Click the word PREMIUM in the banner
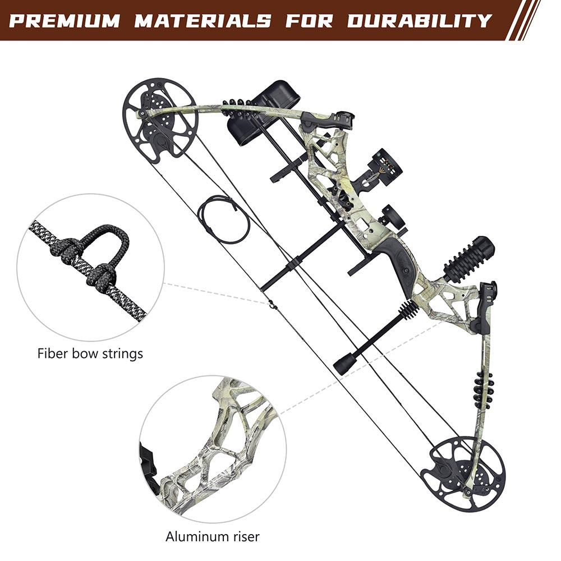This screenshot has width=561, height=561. tap(65, 21)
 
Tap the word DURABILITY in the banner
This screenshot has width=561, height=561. tap(419, 21)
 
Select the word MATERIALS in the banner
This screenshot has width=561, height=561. tap(203, 21)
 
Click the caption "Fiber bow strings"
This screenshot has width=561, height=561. tap(90, 353)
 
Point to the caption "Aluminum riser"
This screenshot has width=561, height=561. tap(213, 536)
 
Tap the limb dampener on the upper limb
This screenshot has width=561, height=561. tap(236, 107)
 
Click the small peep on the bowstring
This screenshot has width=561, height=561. tap(272, 306)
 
